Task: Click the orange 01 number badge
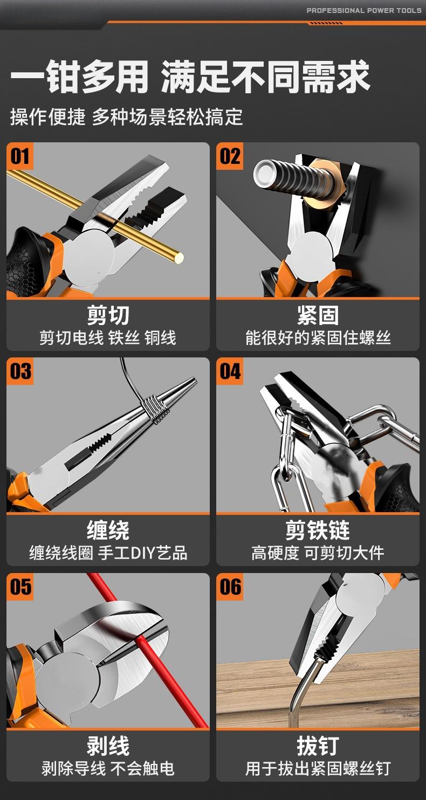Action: coord(19,156)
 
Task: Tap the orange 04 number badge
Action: coord(230,371)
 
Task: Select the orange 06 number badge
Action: coord(230,587)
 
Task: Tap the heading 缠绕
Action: coord(108,530)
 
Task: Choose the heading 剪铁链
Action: coord(318,530)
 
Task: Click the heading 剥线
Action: coord(108,746)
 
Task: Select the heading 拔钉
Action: coord(318,746)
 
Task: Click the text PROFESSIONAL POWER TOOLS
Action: coord(364,10)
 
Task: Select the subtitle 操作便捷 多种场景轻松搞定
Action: coord(127,117)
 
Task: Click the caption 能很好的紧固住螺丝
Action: coord(318,338)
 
